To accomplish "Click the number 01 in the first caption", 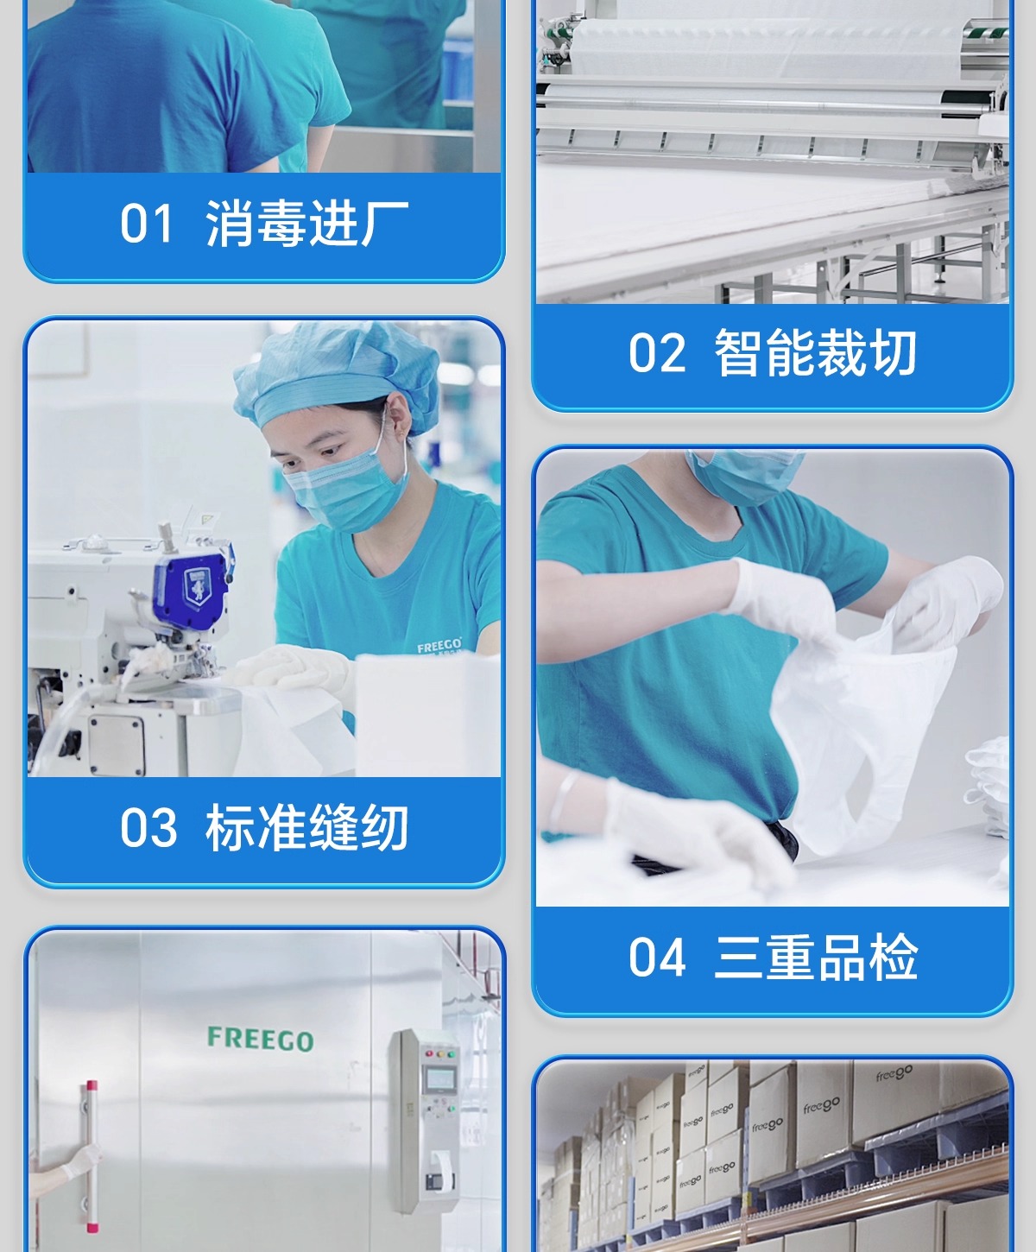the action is (x=147, y=223).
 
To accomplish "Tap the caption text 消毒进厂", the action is (x=307, y=223).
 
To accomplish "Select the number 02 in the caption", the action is (x=656, y=352).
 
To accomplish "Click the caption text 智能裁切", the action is (x=815, y=352).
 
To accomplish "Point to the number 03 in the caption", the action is (x=148, y=827).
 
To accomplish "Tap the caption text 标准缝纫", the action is (x=307, y=827).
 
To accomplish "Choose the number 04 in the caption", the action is (x=656, y=958).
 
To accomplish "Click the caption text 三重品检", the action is (x=815, y=958).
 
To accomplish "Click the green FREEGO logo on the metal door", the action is (x=260, y=1039).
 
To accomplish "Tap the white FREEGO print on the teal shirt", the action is (x=439, y=646).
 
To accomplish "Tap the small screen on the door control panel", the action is (x=438, y=1080).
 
